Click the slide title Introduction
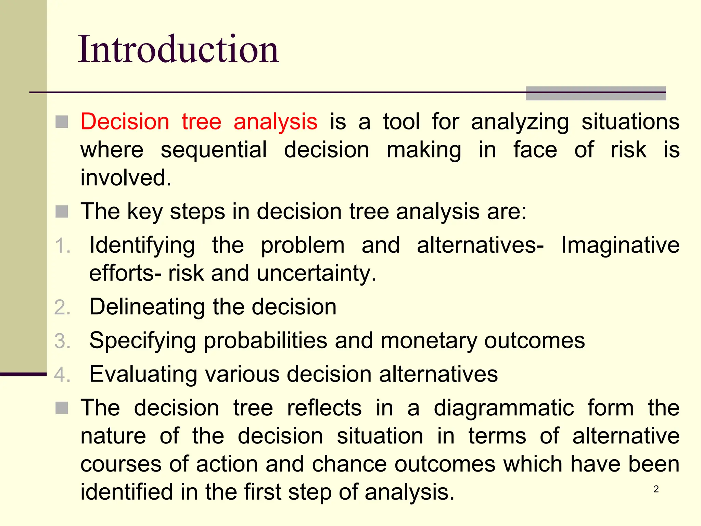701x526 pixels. (x=178, y=50)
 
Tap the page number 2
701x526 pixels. (x=656, y=489)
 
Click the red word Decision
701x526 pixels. (x=125, y=122)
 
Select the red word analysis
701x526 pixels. (x=275, y=122)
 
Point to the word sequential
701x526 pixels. (x=214, y=150)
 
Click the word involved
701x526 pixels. (x=126, y=178)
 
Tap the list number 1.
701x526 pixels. (x=62, y=246)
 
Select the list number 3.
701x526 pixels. (x=62, y=341)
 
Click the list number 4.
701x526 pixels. (x=62, y=374)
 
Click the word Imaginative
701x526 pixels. (x=620, y=246)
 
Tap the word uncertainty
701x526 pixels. (x=316, y=274)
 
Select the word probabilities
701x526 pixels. (x=265, y=341)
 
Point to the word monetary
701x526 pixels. (x=428, y=341)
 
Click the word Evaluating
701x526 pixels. (x=143, y=374)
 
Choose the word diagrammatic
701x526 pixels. (x=504, y=408)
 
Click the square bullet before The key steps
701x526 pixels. (x=62, y=211)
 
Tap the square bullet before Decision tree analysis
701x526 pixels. (x=62, y=122)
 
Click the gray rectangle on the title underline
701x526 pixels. (x=596, y=93)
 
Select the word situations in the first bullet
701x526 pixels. (x=630, y=122)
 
